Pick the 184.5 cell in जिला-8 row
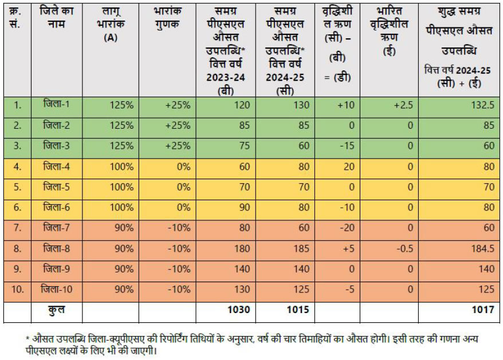coord(481,248)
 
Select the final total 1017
coord(483,310)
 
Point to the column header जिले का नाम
coord(56,17)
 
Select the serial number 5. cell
coord(18,187)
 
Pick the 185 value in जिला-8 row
coord(300,248)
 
